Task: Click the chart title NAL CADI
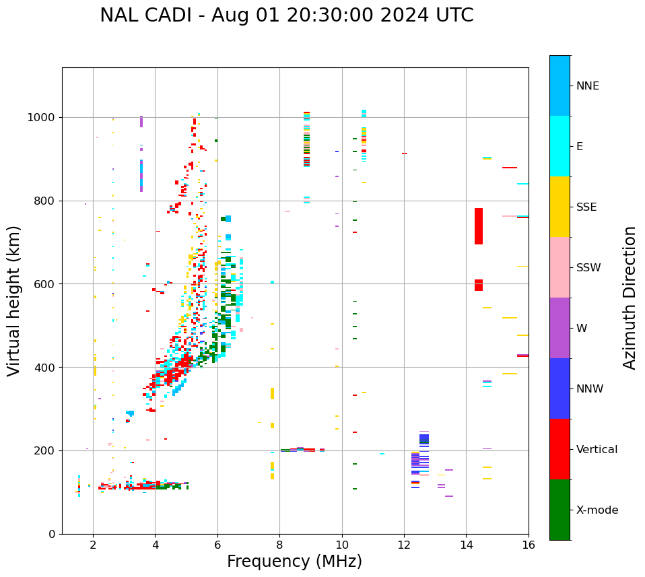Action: (286, 15)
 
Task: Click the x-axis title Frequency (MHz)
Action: (294, 562)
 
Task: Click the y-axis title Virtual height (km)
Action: (14, 301)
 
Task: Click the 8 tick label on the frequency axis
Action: (279, 545)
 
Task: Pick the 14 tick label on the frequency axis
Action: (467, 545)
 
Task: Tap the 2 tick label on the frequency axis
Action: (93, 545)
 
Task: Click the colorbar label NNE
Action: (587, 86)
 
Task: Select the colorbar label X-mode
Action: (597, 510)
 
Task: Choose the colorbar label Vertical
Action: (597, 450)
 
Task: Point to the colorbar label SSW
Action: (588, 268)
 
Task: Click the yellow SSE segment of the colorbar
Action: (559, 207)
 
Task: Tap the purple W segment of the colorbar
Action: (559, 328)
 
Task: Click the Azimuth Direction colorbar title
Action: (630, 298)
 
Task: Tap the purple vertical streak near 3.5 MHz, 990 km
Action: (141, 121)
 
